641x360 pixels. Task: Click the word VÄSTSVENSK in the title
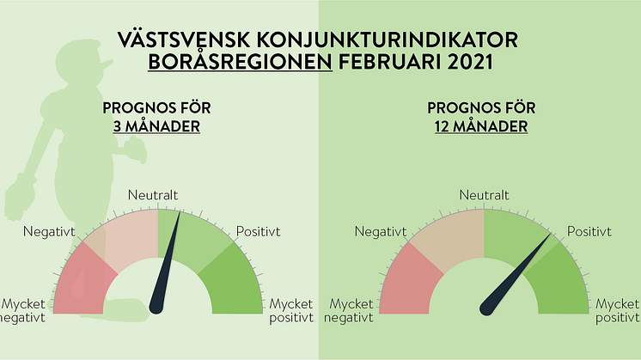pos(184,40)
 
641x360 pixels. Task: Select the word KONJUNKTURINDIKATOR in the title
pos(388,40)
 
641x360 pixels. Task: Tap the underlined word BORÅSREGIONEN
pos(240,62)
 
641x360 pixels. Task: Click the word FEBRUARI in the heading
pos(390,62)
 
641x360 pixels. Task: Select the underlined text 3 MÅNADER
pos(156,126)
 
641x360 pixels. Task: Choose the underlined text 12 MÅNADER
pos(481,126)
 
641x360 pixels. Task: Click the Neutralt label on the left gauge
pos(153,195)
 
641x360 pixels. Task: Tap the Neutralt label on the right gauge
pos(484,195)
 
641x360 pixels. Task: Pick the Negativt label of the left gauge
pos(50,232)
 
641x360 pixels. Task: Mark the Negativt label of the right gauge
pos(381,232)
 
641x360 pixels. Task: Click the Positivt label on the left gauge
pos(259,232)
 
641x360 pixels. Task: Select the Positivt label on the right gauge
pos(589,232)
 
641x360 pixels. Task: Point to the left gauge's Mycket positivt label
pos(291,310)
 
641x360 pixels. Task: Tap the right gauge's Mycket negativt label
pos(349,310)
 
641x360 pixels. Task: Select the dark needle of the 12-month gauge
pos(516,274)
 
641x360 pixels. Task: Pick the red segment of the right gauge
pos(406,281)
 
